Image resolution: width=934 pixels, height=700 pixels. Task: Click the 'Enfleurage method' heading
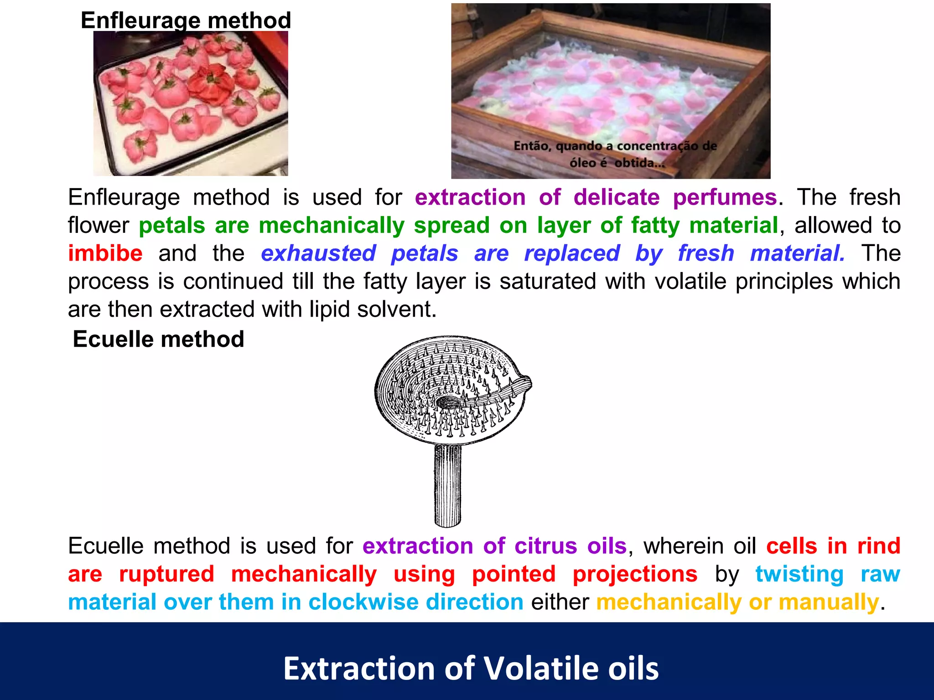point(186,21)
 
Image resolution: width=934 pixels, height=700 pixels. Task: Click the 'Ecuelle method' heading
point(158,339)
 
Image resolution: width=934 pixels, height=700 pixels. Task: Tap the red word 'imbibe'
point(105,253)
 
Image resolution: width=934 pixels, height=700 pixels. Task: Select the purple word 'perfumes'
point(725,197)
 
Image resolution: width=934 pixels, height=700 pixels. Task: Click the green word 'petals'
point(172,226)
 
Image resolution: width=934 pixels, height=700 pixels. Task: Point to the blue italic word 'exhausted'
point(318,253)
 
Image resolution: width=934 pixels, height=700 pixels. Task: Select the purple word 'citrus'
point(545,546)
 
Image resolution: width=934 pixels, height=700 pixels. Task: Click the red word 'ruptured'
point(166,574)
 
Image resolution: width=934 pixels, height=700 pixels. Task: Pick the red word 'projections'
point(635,574)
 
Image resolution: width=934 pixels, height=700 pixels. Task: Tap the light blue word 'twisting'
point(799,574)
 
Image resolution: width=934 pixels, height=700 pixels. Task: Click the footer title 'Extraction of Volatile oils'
point(471,669)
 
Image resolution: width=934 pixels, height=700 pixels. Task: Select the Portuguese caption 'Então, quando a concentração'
point(615,146)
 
